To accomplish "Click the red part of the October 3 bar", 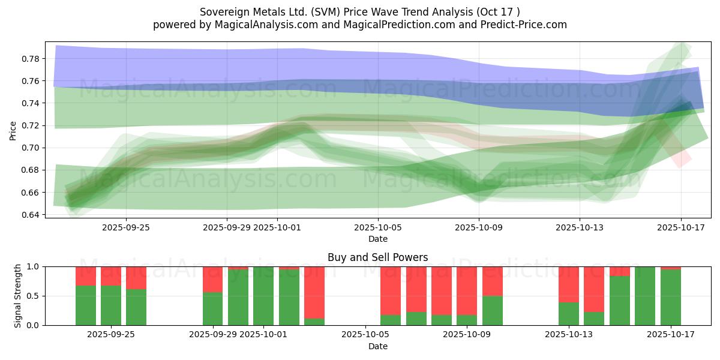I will [314, 292].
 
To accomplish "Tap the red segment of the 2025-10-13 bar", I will [569, 284].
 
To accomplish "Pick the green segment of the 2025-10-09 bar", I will [493, 311].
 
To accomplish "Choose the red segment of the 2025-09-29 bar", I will [213, 279].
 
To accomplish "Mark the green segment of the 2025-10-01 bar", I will [263, 296].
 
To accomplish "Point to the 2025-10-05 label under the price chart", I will [378, 227].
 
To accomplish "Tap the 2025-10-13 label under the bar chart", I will [568, 334].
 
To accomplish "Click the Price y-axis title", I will [13, 130].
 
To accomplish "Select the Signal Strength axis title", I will [18, 296].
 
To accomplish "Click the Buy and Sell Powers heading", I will [377, 257].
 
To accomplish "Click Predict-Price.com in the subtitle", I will [525, 25].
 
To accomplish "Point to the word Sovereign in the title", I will [220, 11].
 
